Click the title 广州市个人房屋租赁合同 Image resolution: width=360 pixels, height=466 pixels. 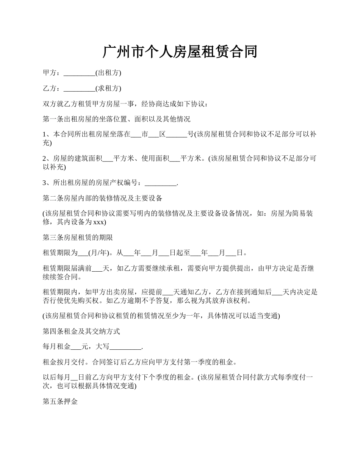180,52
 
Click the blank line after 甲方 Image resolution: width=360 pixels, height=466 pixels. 79,73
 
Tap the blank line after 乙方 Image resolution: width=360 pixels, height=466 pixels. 79,89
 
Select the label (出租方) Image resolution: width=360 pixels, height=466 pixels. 108,73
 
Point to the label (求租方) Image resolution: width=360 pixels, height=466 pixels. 108,88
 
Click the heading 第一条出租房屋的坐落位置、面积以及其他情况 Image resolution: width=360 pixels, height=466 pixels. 117,119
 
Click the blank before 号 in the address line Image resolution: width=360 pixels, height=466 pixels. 177,134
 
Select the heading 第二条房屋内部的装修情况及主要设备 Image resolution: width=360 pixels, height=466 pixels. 103,199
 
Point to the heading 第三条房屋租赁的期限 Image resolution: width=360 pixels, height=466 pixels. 78,238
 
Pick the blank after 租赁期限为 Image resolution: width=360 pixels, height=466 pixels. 83,253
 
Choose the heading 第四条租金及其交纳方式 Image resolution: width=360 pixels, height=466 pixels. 81,332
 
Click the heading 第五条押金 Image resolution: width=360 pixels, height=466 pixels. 61,402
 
